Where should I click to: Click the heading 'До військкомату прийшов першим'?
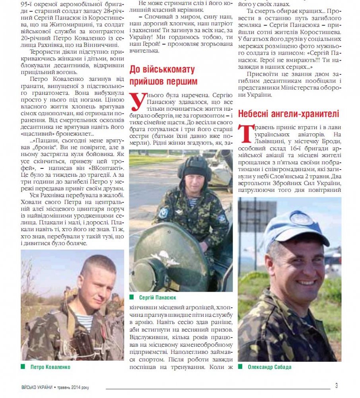click(x=162, y=76)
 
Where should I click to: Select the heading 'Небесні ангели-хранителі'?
click(x=288, y=114)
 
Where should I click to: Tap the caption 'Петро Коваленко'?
click(x=50, y=367)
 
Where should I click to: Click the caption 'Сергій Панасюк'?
click(x=158, y=297)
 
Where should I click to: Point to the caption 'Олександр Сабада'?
click(x=269, y=367)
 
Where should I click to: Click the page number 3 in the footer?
click(x=337, y=385)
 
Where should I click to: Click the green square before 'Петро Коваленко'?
click(x=23, y=367)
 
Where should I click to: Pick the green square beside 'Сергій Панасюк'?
click(x=132, y=297)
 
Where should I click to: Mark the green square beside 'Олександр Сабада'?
click(x=241, y=367)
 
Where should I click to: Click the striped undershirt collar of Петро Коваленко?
click(x=84, y=321)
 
